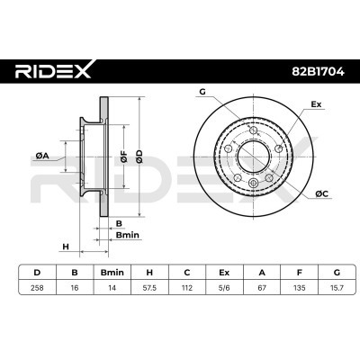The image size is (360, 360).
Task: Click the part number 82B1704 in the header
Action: (318, 72)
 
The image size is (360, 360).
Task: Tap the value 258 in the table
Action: (37, 288)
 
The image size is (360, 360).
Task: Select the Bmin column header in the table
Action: (112, 273)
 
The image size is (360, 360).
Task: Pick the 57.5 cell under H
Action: (149, 288)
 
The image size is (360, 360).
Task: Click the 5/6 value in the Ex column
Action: (224, 288)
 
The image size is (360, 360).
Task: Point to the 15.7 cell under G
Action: (337, 288)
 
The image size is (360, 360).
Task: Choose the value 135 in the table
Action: (299, 288)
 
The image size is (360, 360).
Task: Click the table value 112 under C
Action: (187, 288)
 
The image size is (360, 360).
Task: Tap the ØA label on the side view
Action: (42, 156)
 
